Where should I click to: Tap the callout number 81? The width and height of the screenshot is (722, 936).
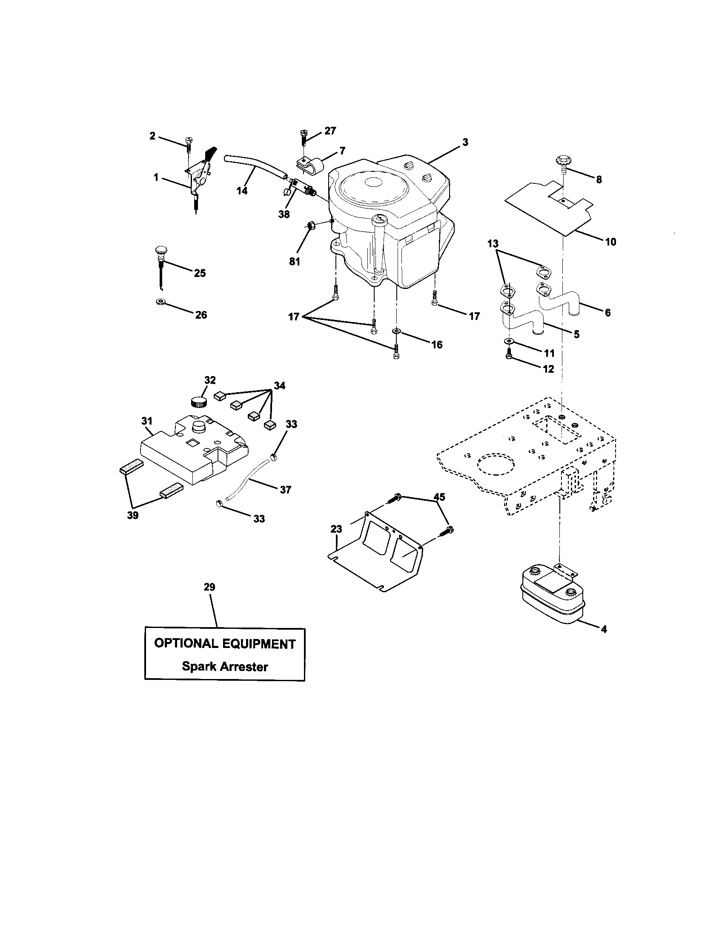point(295,261)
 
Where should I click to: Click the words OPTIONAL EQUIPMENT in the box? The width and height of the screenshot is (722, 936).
point(225,643)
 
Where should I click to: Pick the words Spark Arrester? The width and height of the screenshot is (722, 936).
point(225,666)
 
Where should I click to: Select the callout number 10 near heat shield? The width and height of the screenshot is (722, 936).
point(610,242)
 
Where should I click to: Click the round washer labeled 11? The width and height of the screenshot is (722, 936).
point(508,341)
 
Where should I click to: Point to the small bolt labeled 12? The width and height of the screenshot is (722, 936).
point(508,356)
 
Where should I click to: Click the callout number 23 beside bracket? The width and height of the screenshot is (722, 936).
point(336,529)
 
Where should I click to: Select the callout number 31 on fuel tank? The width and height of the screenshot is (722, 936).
point(147,421)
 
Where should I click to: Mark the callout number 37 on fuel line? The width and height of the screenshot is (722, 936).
point(286,489)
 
